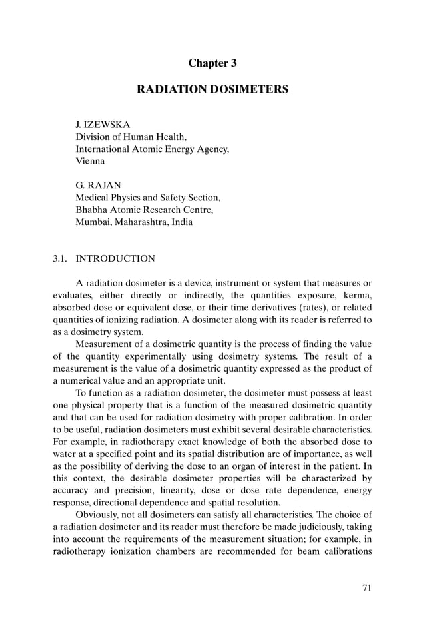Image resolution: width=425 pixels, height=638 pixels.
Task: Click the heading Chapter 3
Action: [x=212, y=63]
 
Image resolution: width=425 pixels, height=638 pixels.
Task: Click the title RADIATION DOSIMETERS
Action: [x=212, y=89]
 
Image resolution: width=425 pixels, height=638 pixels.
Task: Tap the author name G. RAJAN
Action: [x=98, y=186]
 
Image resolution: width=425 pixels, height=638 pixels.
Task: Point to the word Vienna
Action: [x=90, y=161]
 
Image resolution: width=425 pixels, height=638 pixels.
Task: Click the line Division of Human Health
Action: [x=131, y=137]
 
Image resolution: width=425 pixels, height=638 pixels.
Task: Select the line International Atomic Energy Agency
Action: [x=152, y=149]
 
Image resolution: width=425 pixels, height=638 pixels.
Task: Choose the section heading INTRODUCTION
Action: [x=115, y=258]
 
